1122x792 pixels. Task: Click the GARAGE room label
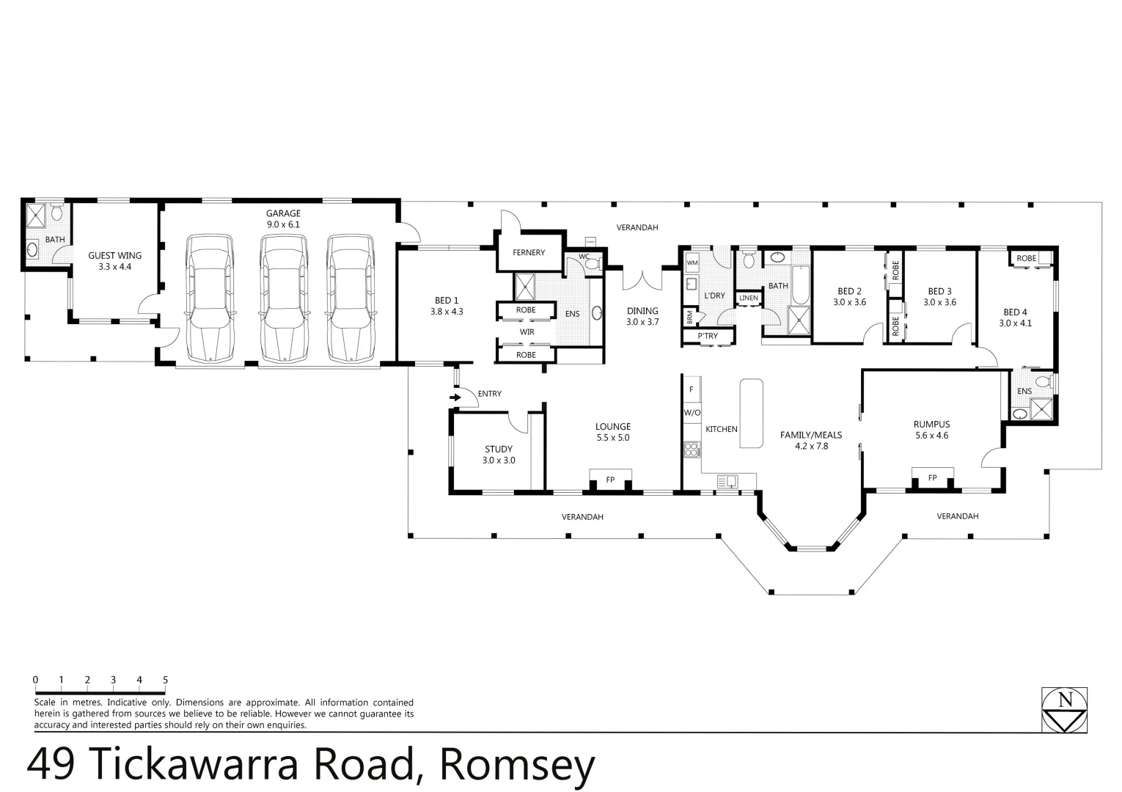[x=283, y=213]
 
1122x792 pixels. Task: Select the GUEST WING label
[x=115, y=256]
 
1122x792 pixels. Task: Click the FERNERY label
[x=529, y=253]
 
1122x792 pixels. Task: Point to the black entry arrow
[x=455, y=397]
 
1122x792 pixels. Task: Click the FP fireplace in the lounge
[x=610, y=480]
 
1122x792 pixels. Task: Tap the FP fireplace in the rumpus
[x=932, y=477]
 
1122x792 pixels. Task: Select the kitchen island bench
[x=751, y=413]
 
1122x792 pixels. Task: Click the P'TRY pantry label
[x=708, y=337]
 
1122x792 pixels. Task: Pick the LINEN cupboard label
[x=749, y=298]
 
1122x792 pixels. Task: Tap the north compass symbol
[x=1065, y=709]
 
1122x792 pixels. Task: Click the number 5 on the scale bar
[x=165, y=680]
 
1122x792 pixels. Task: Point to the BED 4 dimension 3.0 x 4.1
[x=1015, y=323]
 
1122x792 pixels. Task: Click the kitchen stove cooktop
[x=691, y=450]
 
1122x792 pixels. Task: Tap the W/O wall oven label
[x=692, y=413]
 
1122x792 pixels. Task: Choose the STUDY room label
[x=499, y=450]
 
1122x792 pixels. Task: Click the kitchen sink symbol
[x=727, y=481]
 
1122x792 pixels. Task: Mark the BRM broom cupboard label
[x=690, y=318]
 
